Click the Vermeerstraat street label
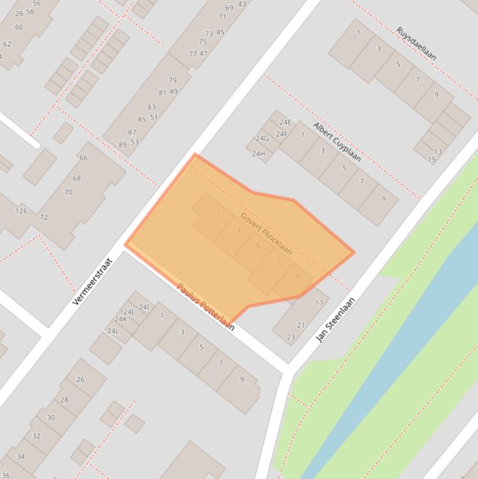[93, 282]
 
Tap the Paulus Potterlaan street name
[206, 307]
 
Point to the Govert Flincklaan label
[266, 233]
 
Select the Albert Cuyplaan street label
[337, 142]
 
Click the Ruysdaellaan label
[416, 44]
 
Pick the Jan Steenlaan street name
[336, 319]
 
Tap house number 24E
[285, 122]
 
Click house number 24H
[259, 154]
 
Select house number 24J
[129, 312]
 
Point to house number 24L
[113, 331]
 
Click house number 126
[21, 211]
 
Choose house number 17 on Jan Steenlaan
[319, 304]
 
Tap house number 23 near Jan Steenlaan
[290, 337]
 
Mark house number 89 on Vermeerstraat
[122, 145]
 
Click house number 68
[76, 179]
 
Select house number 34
[21, 457]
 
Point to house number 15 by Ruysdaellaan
[432, 160]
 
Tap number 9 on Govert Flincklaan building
[297, 277]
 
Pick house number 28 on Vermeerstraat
[64, 400]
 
